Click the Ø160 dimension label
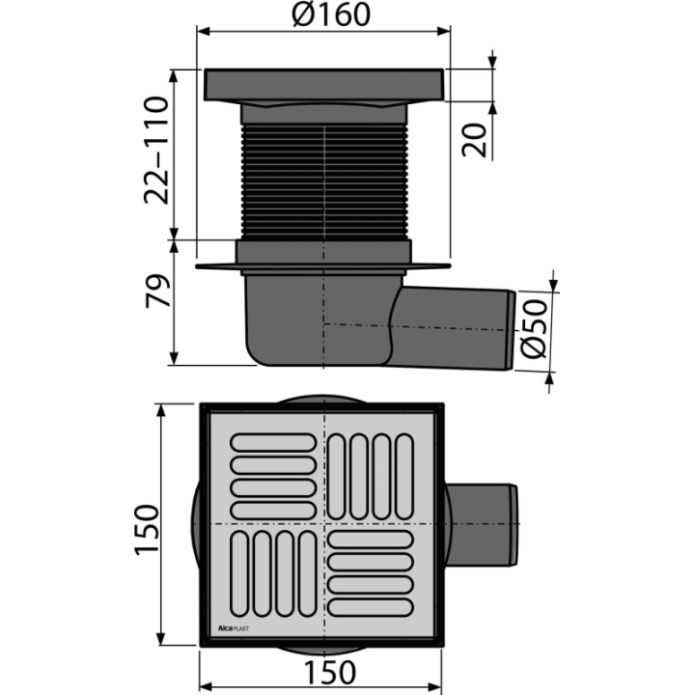click(x=331, y=14)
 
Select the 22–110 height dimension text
click(x=156, y=151)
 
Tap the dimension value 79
click(x=157, y=291)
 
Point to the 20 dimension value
click(x=473, y=140)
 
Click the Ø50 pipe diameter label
click(x=534, y=329)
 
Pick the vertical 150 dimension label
click(x=147, y=530)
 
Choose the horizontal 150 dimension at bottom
click(x=330, y=673)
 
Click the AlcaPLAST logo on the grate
click(x=234, y=628)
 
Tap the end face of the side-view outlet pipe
click(x=511, y=330)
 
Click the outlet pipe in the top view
click(x=481, y=524)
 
